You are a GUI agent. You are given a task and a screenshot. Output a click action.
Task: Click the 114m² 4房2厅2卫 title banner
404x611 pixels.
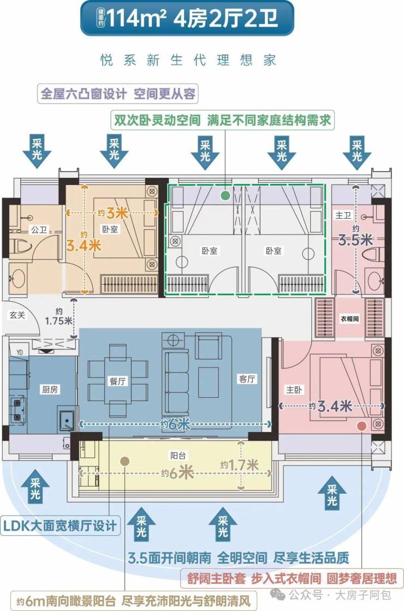click(187, 18)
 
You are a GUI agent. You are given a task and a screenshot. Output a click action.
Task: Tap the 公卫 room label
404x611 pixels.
click(39, 230)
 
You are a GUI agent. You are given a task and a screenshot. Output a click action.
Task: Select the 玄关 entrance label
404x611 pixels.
click(17, 315)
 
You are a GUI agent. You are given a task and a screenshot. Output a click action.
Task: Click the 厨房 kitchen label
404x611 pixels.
click(50, 390)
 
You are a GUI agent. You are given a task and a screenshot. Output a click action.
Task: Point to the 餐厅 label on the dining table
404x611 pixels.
click(117, 381)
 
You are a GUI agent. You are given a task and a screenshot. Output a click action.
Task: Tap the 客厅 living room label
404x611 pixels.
click(247, 379)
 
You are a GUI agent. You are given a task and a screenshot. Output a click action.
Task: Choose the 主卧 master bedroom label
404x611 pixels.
click(294, 390)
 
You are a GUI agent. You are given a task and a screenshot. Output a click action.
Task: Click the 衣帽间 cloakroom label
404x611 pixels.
click(349, 319)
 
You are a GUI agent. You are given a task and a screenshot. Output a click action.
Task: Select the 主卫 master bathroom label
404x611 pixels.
click(343, 215)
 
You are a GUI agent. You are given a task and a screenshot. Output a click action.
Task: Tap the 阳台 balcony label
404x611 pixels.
click(178, 455)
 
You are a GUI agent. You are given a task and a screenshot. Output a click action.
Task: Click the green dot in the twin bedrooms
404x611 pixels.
click(225, 195)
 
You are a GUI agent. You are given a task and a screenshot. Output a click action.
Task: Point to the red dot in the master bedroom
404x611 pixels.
click(362, 426)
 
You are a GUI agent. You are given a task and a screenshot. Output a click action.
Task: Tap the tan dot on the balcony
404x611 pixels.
click(124, 462)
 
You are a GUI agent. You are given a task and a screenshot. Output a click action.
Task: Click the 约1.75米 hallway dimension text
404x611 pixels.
click(58, 317)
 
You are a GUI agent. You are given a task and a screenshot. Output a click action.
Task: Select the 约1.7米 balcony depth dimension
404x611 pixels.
click(239, 465)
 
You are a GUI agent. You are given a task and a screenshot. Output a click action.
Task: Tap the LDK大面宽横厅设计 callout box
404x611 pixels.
click(60, 526)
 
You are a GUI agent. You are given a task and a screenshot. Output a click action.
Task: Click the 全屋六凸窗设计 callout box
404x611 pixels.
click(118, 94)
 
